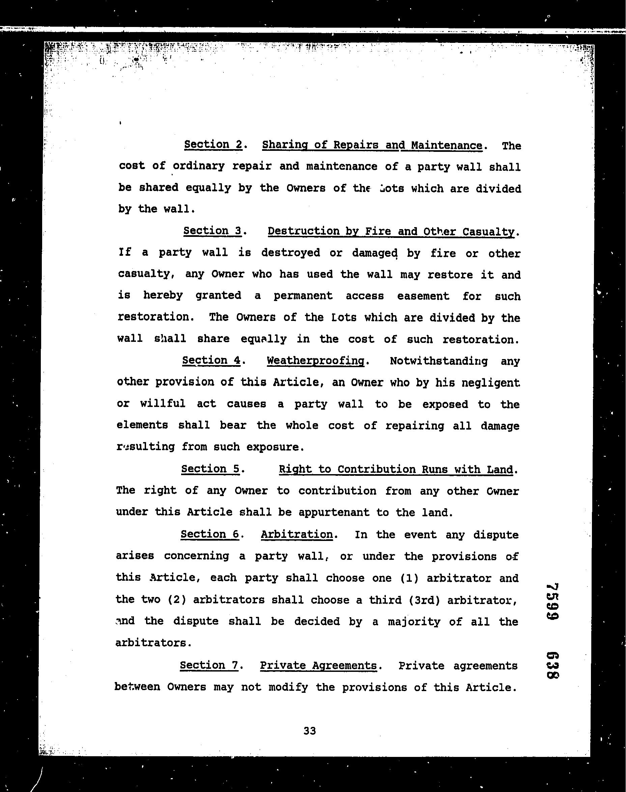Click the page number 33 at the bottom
click(x=309, y=731)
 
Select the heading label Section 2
click(x=213, y=145)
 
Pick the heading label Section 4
click(x=211, y=360)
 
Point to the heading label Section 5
click(x=210, y=469)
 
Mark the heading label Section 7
click(x=209, y=665)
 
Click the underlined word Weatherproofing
click(x=316, y=361)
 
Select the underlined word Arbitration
click(x=296, y=535)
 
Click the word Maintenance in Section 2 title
click(x=447, y=145)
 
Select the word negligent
click(x=491, y=383)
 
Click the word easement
click(x=423, y=296)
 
